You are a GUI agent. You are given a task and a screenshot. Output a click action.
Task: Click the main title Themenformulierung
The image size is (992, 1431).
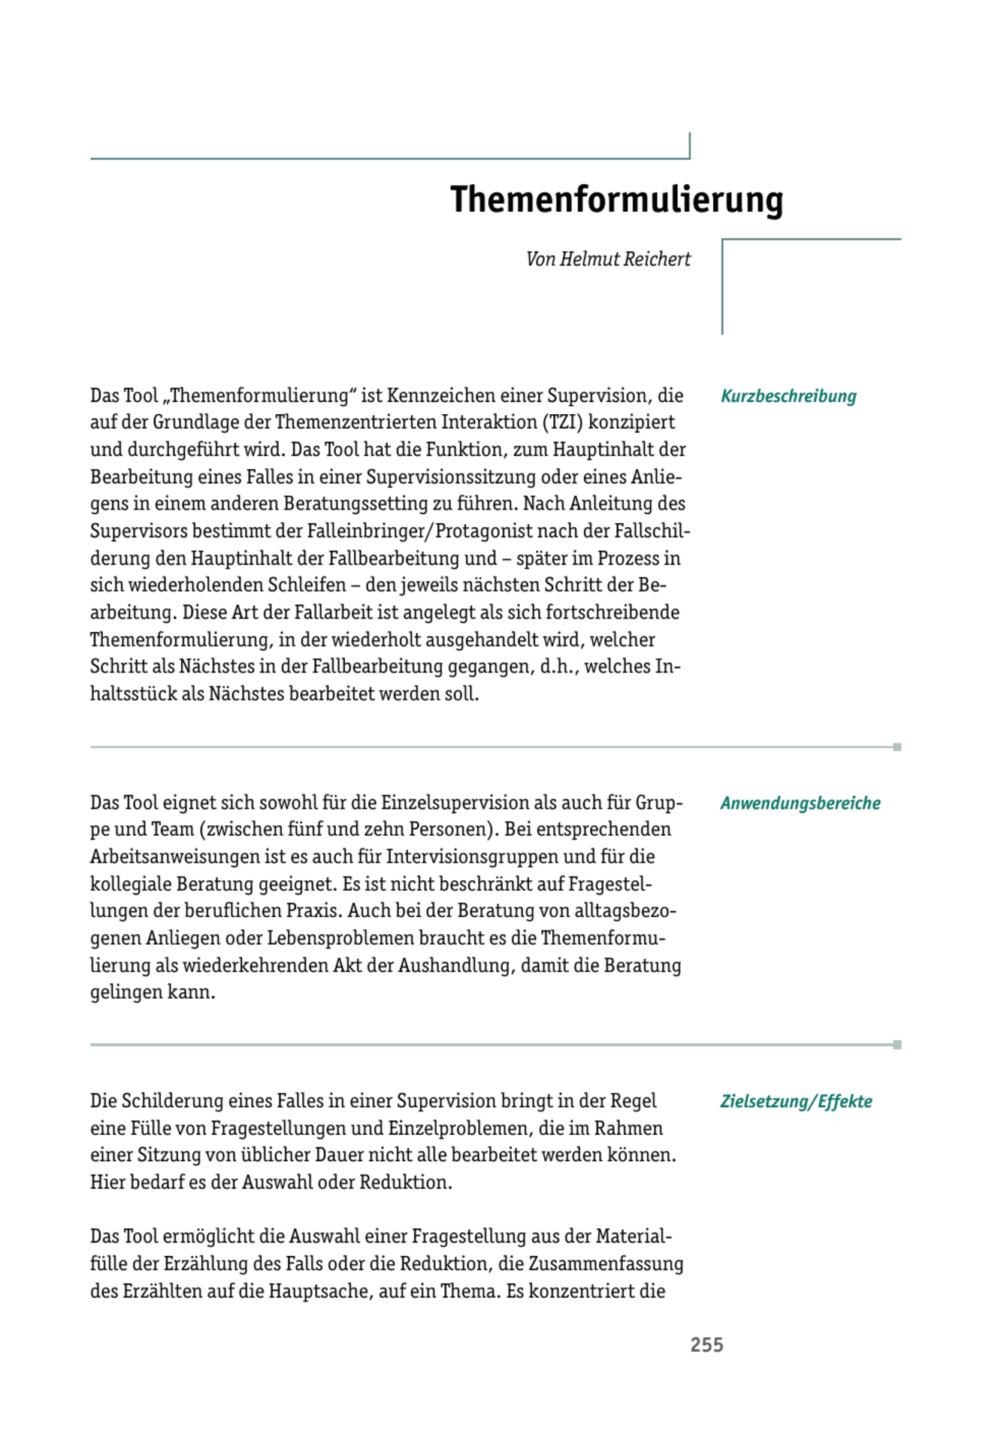616,200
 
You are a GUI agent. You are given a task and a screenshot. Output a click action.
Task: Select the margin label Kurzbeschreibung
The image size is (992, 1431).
788,396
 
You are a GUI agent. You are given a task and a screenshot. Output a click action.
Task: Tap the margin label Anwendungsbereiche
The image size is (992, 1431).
800,803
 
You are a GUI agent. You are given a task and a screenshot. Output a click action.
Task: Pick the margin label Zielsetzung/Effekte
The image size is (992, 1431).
796,1102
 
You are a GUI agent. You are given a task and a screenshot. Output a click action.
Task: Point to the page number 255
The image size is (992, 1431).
706,1345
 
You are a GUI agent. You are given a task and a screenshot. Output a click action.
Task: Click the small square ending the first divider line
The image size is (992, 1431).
897,747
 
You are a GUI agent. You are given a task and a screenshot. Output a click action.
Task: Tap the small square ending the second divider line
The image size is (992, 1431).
897,1045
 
